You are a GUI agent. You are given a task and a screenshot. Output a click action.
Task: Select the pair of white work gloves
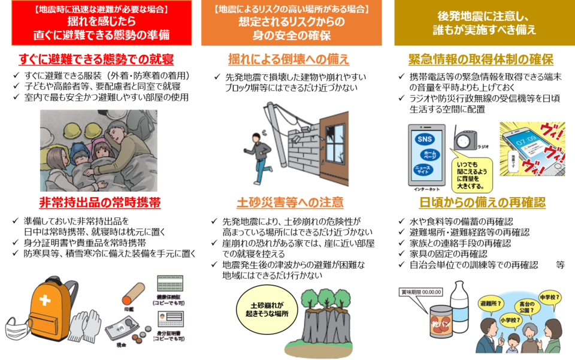coord(84,326)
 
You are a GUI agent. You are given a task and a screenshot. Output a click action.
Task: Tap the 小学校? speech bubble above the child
coord(510,319)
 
